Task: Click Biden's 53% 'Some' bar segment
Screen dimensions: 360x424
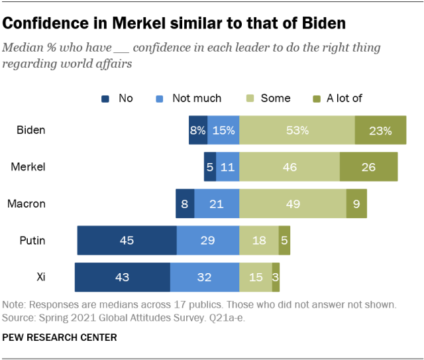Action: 297,131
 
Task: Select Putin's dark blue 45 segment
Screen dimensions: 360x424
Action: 127,240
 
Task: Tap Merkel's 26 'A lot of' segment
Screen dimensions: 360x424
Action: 368,167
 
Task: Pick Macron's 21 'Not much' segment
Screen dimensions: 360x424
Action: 217,204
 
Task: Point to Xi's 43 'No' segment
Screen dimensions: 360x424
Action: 122,277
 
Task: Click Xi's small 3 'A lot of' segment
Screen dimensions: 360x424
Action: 276,277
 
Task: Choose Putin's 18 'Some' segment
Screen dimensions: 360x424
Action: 258,240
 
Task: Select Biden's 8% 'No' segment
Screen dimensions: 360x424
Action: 198,131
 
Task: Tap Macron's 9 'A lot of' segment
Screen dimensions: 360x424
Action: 356,204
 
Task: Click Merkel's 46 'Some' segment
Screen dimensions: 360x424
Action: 290,167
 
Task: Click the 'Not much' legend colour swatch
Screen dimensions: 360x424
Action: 159,99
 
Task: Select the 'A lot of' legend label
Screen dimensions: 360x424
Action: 344,98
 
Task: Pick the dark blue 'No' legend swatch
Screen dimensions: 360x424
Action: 105,99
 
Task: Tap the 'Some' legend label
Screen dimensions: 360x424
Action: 276,98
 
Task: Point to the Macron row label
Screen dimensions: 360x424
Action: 26,204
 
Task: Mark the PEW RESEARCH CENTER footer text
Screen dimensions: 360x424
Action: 60,337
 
